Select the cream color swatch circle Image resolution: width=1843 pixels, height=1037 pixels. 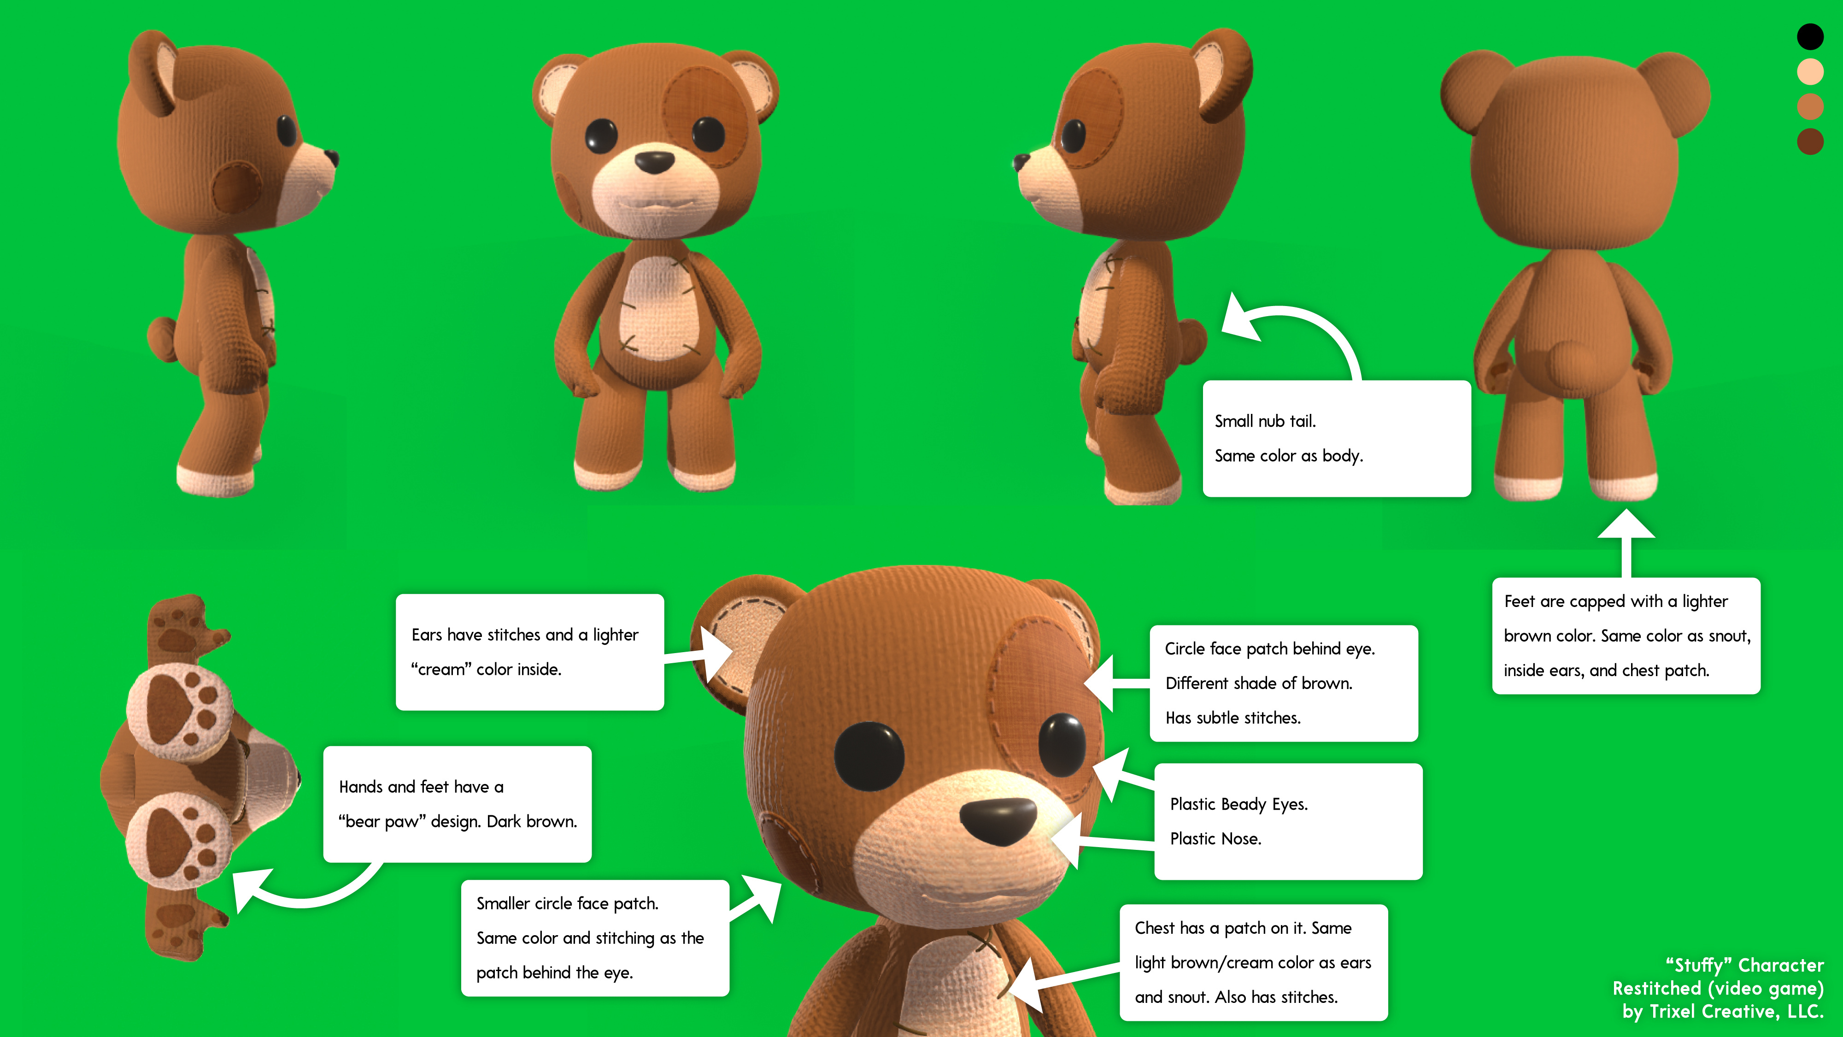click(1810, 71)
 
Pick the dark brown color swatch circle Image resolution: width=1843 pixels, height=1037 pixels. click(1810, 141)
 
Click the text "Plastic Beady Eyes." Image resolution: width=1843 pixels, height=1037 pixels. click(1238, 804)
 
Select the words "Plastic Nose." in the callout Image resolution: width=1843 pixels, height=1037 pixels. click(1215, 839)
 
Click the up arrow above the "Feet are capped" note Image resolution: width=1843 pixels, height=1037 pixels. click(1626, 544)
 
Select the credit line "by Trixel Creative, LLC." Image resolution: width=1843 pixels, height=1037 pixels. click(1723, 1011)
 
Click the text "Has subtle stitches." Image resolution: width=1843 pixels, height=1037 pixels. click(1233, 718)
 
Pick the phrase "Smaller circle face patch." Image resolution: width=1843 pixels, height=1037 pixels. click(567, 904)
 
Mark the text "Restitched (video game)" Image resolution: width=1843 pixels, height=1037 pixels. click(1718, 988)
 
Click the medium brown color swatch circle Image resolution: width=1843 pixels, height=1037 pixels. click(1810, 106)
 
